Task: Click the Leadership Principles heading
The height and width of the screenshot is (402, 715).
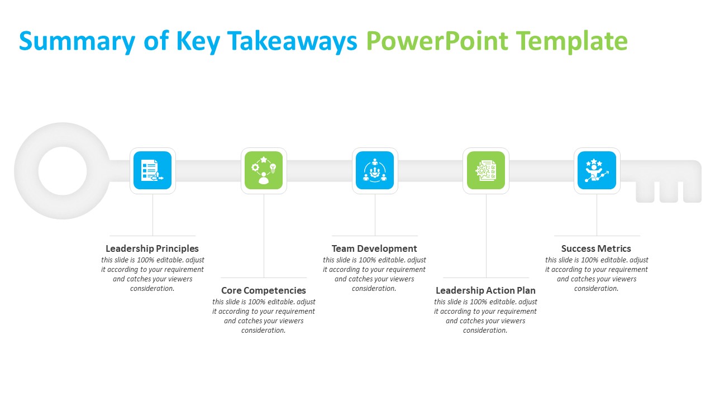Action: pos(152,248)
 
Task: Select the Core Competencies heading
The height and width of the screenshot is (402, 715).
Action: pos(263,290)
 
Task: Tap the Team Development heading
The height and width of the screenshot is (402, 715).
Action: pos(374,248)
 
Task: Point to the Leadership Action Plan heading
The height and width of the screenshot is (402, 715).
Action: pos(485,290)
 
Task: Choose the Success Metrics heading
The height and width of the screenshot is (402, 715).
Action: pos(596,248)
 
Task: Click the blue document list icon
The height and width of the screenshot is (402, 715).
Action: pos(152,170)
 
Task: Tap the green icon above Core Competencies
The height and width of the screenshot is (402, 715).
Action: pos(264,170)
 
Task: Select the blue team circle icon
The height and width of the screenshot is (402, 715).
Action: pos(375,170)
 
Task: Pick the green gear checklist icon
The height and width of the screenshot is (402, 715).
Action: pos(486,170)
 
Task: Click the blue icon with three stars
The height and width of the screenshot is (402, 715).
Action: pos(597,170)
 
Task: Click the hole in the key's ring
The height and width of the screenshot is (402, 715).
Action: pos(63,171)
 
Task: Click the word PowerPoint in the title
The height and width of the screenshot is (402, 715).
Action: pos(437,41)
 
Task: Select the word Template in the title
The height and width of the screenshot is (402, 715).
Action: pos(571,41)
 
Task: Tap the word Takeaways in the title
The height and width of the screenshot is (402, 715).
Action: pos(292,41)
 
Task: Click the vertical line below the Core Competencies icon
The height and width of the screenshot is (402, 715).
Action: pos(264,236)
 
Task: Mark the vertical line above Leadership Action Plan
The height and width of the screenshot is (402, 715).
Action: pos(486,236)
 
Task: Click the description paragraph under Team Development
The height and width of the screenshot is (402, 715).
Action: pos(374,274)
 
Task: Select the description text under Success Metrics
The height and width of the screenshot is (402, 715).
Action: pos(597,274)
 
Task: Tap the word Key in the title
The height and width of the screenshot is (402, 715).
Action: pos(198,41)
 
